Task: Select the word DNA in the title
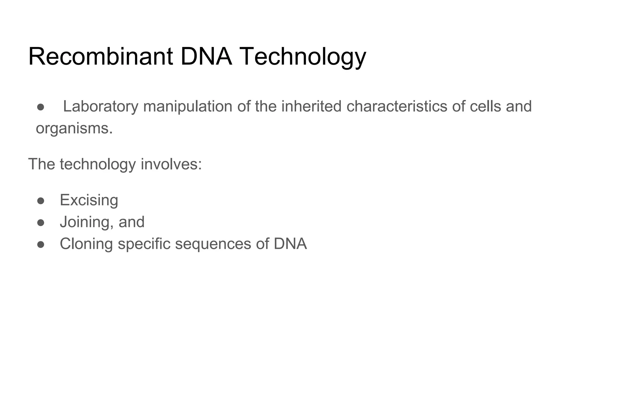[x=206, y=56]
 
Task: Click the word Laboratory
[x=101, y=107]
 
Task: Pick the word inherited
[x=311, y=106]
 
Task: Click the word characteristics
[x=397, y=106]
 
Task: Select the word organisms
[x=74, y=129]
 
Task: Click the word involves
[x=171, y=164]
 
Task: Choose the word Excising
[x=89, y=200]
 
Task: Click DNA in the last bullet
[x=290, y=244]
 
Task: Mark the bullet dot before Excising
[x=41, y=201]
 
